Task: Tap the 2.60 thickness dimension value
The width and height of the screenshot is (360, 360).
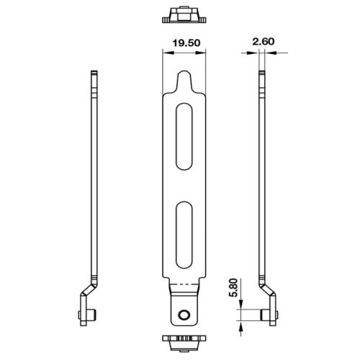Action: pyautogui.click(x=264, y=43)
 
